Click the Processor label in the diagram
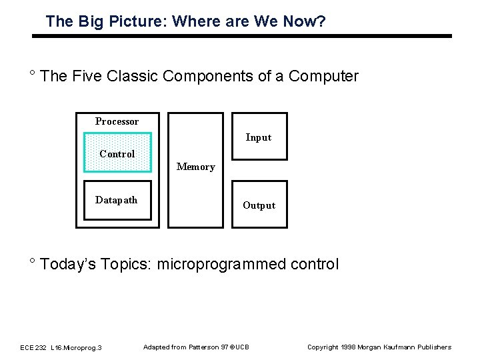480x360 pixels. coord(117,121)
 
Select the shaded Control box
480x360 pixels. coord(117,153)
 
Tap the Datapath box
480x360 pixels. coord(117,200)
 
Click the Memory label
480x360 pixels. coord(195,167)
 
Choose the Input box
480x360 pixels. coord(259,137)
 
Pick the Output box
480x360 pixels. coord(259,205)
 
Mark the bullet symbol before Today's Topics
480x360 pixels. coord(32,261)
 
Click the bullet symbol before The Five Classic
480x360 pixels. coord(32,73)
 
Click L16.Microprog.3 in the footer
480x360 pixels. coord(76,347)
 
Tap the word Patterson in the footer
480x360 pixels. coord(207,347)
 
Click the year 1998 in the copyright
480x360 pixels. coord(349,347)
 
